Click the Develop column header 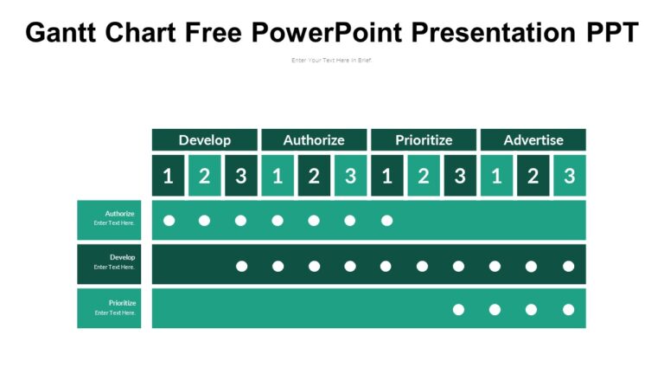click(205, 139)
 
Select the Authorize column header click(314, 139)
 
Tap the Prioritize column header click(424, 139)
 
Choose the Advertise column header click(533, 139)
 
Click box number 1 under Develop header click(169, 176)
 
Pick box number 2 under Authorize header click(314, 176)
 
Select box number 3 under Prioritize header click(460, 176)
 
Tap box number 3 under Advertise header click(569, 176)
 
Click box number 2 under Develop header click(205, 176)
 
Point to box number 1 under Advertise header click(496, 176)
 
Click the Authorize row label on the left click(109, 220)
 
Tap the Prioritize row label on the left click(109, 308)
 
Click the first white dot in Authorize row click(169, 221)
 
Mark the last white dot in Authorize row click(386, 221)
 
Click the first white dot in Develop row click(242, 266)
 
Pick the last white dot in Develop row click(568, 266)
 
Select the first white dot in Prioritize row click(459, 309)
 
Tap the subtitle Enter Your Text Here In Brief click(332, 61)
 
